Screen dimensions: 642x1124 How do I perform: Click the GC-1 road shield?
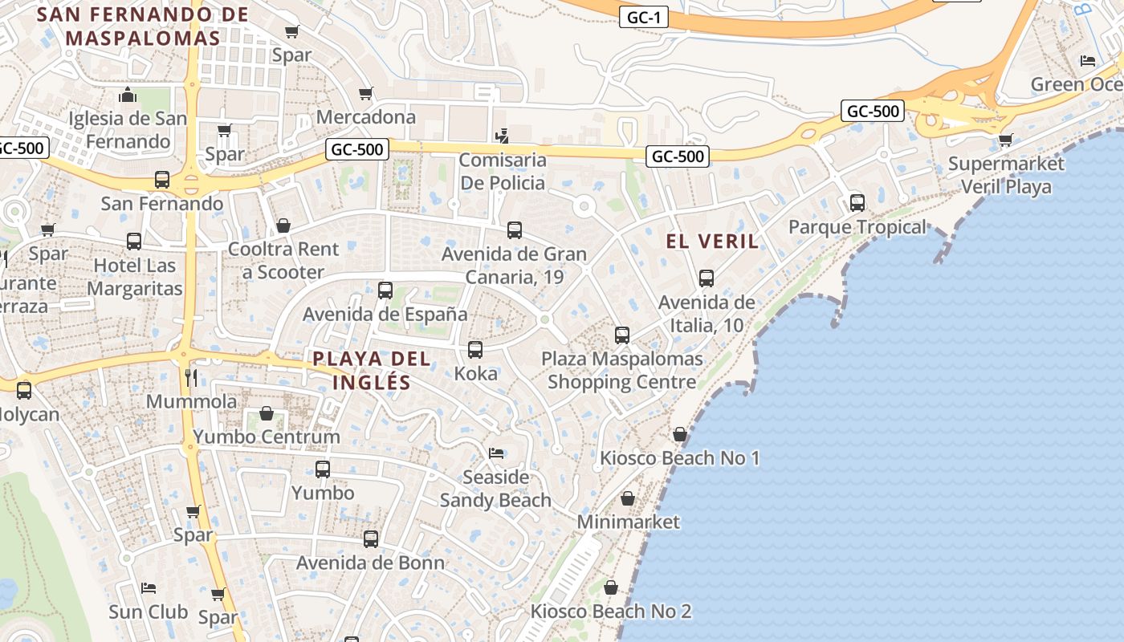tap(644, 17)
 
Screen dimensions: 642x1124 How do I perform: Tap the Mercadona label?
tap(366, 117)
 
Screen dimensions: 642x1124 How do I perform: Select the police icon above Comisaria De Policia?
tap(502, 136)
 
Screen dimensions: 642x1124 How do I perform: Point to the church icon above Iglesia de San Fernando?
tap(128, 95)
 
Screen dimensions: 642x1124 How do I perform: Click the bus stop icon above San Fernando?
tap(162, 180)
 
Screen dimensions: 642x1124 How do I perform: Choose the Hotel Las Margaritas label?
tap(134, 277)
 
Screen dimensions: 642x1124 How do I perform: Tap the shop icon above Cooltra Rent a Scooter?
tap(283, 226)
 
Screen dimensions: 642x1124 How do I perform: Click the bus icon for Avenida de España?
tap(385, 291)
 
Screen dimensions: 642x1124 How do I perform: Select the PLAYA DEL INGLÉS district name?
tap(372, 370)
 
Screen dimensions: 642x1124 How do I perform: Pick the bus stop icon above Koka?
tap(475, 350)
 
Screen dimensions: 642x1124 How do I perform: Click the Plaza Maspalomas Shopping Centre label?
tap(622, 370)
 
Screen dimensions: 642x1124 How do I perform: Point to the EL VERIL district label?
tap(712, 241)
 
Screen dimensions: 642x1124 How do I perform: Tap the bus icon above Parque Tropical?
tap(857, 203)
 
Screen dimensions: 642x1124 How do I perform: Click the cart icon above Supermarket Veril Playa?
tap(1005, 140)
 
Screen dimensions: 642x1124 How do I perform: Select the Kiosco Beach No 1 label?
tap(680, 458)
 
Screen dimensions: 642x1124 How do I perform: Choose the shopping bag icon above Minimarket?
tap(628, 498)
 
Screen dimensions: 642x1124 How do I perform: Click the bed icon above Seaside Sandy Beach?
tap(496, 453)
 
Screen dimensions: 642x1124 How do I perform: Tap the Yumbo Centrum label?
tap(267, 437)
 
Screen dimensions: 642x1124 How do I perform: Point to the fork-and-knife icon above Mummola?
tap(191, 377)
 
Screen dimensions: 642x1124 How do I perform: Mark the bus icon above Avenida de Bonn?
tap(371, 539)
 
